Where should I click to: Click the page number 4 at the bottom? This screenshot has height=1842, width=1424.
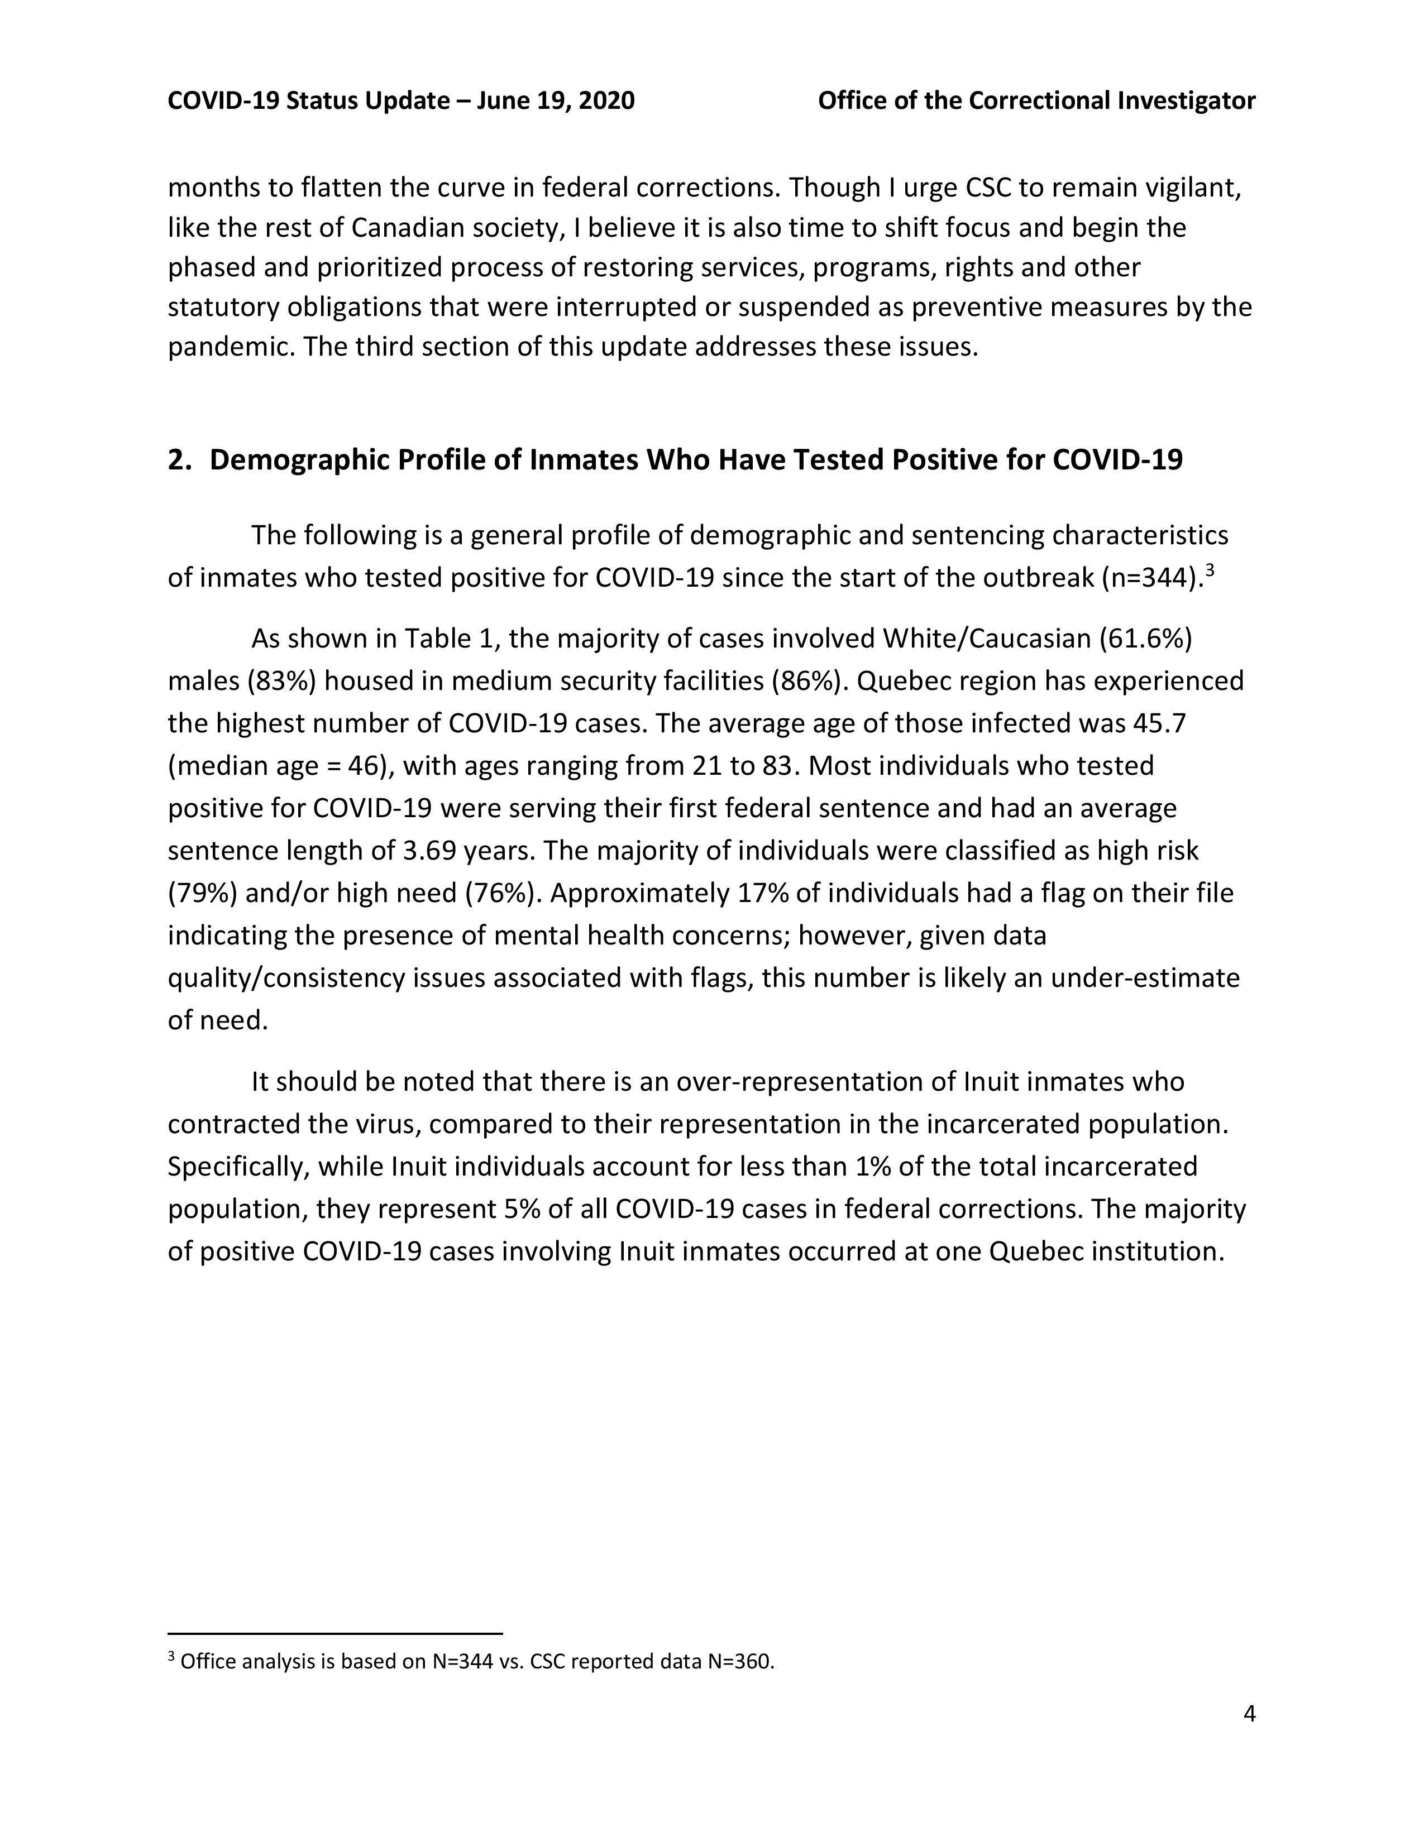[1249, 1714]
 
